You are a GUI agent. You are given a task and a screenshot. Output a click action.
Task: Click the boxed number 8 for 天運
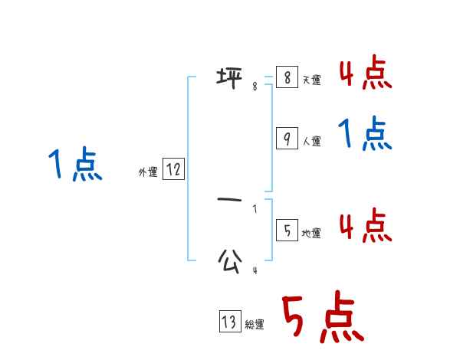coord(286,77)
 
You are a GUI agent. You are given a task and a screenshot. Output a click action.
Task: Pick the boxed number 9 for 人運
coord(286,139)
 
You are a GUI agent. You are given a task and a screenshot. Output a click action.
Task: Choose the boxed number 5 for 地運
coord(286,230)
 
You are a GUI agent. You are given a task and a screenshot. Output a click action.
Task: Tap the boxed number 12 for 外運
coord(173,169)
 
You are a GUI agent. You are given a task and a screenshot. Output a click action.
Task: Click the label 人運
coord(311,142)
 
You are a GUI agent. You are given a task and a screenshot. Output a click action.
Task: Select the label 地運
coord(311,233)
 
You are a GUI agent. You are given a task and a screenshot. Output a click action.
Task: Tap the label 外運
coord(148,172)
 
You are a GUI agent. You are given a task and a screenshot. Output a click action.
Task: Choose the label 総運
coord(254,325)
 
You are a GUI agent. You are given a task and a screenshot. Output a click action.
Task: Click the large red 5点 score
coord(322,319)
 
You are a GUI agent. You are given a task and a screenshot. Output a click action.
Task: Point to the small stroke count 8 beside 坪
coord(255,87)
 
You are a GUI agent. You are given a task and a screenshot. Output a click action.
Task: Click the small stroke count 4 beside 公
coord(255,270)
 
